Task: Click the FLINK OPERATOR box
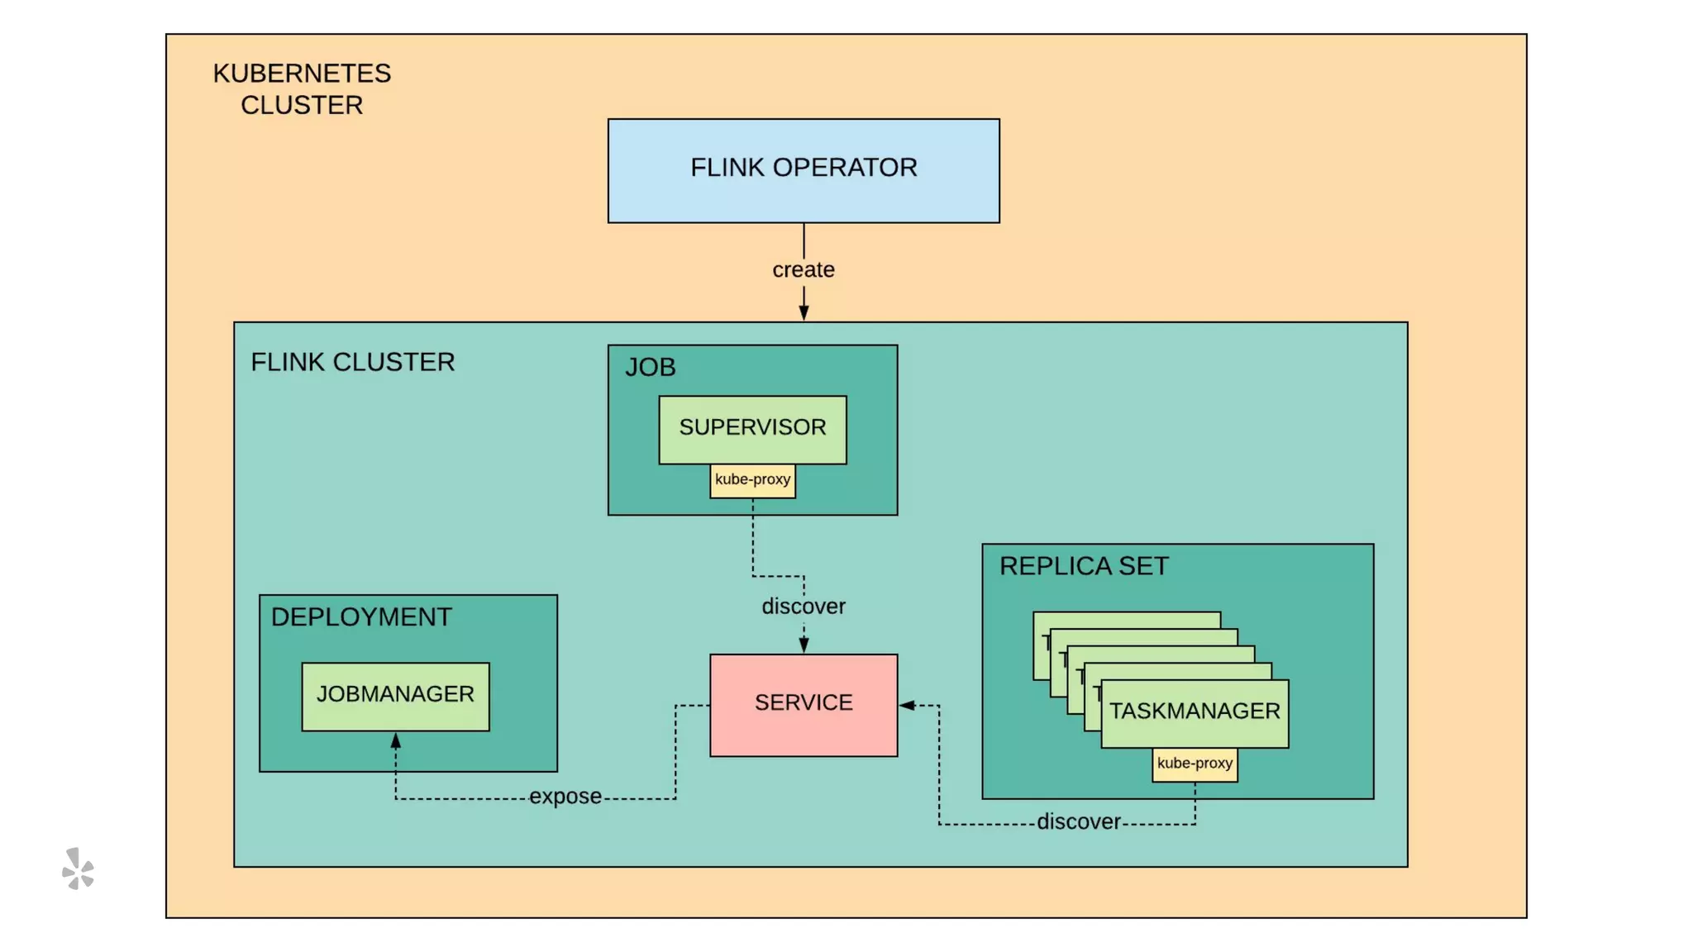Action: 804,170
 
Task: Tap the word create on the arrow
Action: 804,270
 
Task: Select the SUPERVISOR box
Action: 752,429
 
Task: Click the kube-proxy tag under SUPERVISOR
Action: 752,480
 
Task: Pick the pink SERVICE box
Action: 804,704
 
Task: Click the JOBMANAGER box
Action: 395,696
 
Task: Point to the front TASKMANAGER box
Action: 1195,712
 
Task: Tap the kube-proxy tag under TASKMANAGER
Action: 1195,764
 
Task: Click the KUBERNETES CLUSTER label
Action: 302,89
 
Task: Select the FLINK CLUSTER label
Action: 353,362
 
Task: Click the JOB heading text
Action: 651,367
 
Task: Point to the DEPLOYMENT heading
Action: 361,617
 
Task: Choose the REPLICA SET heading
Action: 1084,566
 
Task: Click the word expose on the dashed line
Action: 565,797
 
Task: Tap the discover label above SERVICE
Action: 804,607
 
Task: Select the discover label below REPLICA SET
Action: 1079,822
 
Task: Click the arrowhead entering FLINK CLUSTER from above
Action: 804,312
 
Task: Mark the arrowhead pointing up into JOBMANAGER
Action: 396,741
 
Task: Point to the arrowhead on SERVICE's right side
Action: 908,705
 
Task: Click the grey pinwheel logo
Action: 79,869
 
